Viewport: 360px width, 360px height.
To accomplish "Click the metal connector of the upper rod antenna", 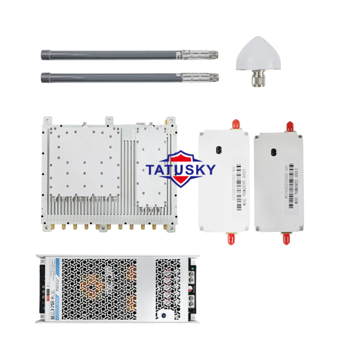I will pyautogui.click(x=198, y=55).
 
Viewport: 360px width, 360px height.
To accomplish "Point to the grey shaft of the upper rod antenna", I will pyautogui.click(x=107, y=55).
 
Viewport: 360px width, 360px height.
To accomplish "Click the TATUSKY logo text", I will pyautogui.click(x=180, y=169).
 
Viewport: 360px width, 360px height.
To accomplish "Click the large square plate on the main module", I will pyautogui.click(x=84, y=160).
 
